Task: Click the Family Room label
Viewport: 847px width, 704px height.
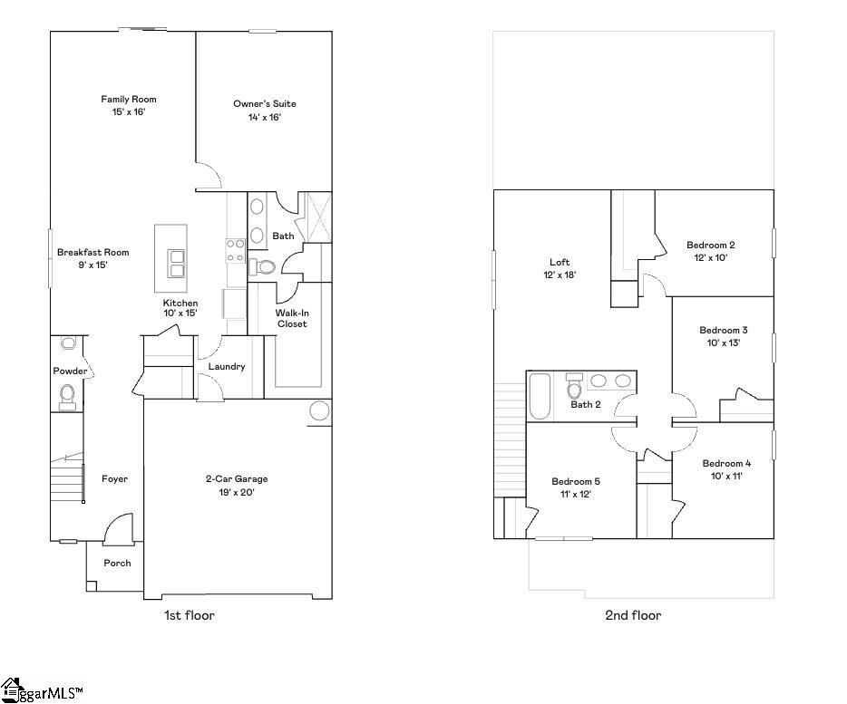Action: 129,100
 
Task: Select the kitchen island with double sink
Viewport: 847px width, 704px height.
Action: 171,252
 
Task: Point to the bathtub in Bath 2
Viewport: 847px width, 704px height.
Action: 539,396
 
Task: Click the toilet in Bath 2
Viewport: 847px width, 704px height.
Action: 574,388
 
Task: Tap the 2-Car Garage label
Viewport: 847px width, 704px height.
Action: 236,479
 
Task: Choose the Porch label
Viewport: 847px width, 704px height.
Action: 116,563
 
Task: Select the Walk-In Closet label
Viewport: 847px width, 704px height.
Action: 291,318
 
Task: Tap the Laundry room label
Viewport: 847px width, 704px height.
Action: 227,367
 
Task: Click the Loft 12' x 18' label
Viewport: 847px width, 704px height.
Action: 560,268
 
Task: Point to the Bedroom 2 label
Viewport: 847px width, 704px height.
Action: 710,245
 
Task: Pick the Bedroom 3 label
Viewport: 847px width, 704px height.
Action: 723,331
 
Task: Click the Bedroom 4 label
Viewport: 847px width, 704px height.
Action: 726,463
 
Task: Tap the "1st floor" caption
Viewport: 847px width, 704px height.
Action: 189,615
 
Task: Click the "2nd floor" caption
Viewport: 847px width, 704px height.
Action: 633,615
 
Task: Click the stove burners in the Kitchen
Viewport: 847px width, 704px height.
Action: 235,250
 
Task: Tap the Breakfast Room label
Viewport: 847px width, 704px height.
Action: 93,253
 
